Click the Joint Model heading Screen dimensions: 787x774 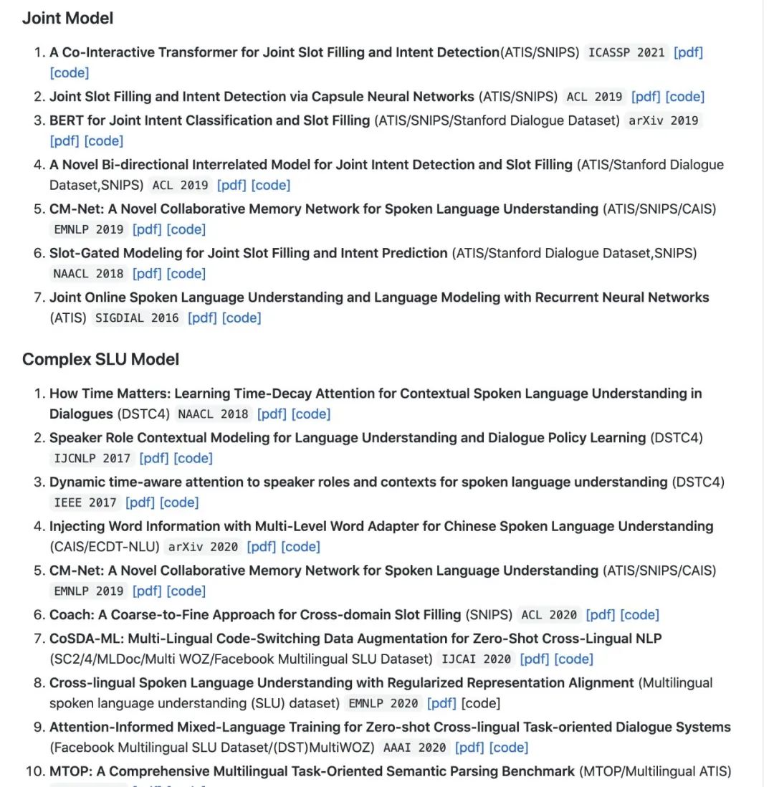pyautogui.click(x=67, y=19)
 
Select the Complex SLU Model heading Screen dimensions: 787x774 pyautogui.click(x=100, y=359)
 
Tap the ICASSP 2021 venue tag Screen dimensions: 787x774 pyautogui.click(x=626, y=52)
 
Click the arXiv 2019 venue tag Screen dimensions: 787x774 pyautogui.click(x=663, y=120)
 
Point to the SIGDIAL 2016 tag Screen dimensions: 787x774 pyautogui.click(x=136, y=318)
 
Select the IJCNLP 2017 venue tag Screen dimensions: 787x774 pyautogui.click(x=92, y=459)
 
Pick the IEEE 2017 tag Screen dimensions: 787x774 pyautogui.click(x=85, y=503)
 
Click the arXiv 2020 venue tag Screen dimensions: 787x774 pyautogui.click(x=203, y=547)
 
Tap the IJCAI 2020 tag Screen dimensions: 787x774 pyautogui.click(x=476, y=659)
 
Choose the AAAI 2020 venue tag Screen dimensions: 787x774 pyautogui.click(x=414, y=748)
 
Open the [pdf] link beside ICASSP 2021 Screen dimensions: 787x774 pyautogui.click(x=688, y=52)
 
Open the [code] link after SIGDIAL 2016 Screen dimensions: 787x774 pyautogui.click(x=242, y=318)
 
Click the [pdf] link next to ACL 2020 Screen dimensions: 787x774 pyautogui.click(x=601, y=615)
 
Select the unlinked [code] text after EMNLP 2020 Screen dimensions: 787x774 pyautogui.click(x=481, y=703)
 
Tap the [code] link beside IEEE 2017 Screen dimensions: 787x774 pyautogui.click(x=179, y=503)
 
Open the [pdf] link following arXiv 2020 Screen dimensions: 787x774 pyautogui.click(x=261, y=547)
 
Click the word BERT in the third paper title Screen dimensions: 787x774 pyautogui.click(x=67, y=120)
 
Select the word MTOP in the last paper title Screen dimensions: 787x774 pyautogui.click(x=69, y=772)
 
